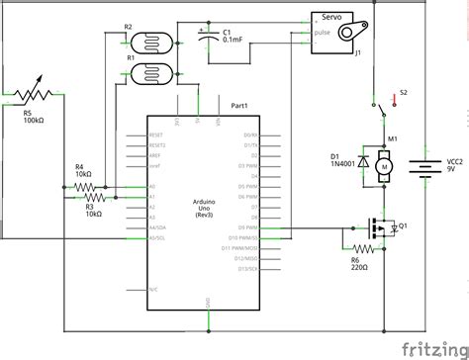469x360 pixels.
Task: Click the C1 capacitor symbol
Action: (x=208, y=41)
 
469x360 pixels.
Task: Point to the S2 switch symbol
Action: (x=382, y=100)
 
